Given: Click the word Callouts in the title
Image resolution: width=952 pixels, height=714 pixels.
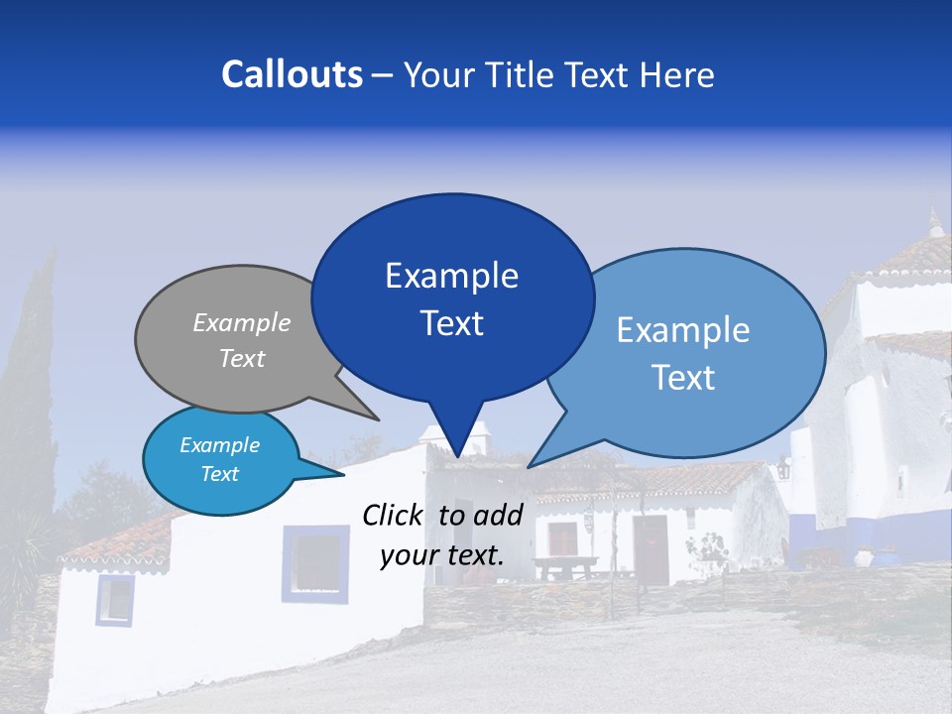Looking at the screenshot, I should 293,74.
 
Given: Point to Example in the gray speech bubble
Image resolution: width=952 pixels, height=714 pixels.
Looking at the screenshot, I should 242,323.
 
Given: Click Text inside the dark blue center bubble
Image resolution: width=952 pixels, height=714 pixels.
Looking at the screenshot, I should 451,323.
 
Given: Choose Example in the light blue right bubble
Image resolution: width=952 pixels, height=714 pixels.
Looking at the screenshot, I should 682,330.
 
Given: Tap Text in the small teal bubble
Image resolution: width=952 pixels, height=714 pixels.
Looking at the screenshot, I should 220,474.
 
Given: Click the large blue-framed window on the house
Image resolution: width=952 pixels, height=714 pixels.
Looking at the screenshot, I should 315,562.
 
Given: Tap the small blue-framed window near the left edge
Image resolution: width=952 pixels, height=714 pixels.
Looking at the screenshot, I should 115,599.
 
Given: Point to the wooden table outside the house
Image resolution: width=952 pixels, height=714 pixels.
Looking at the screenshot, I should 565,566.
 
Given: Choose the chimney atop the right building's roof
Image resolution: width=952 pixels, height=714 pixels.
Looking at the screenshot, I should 933,224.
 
